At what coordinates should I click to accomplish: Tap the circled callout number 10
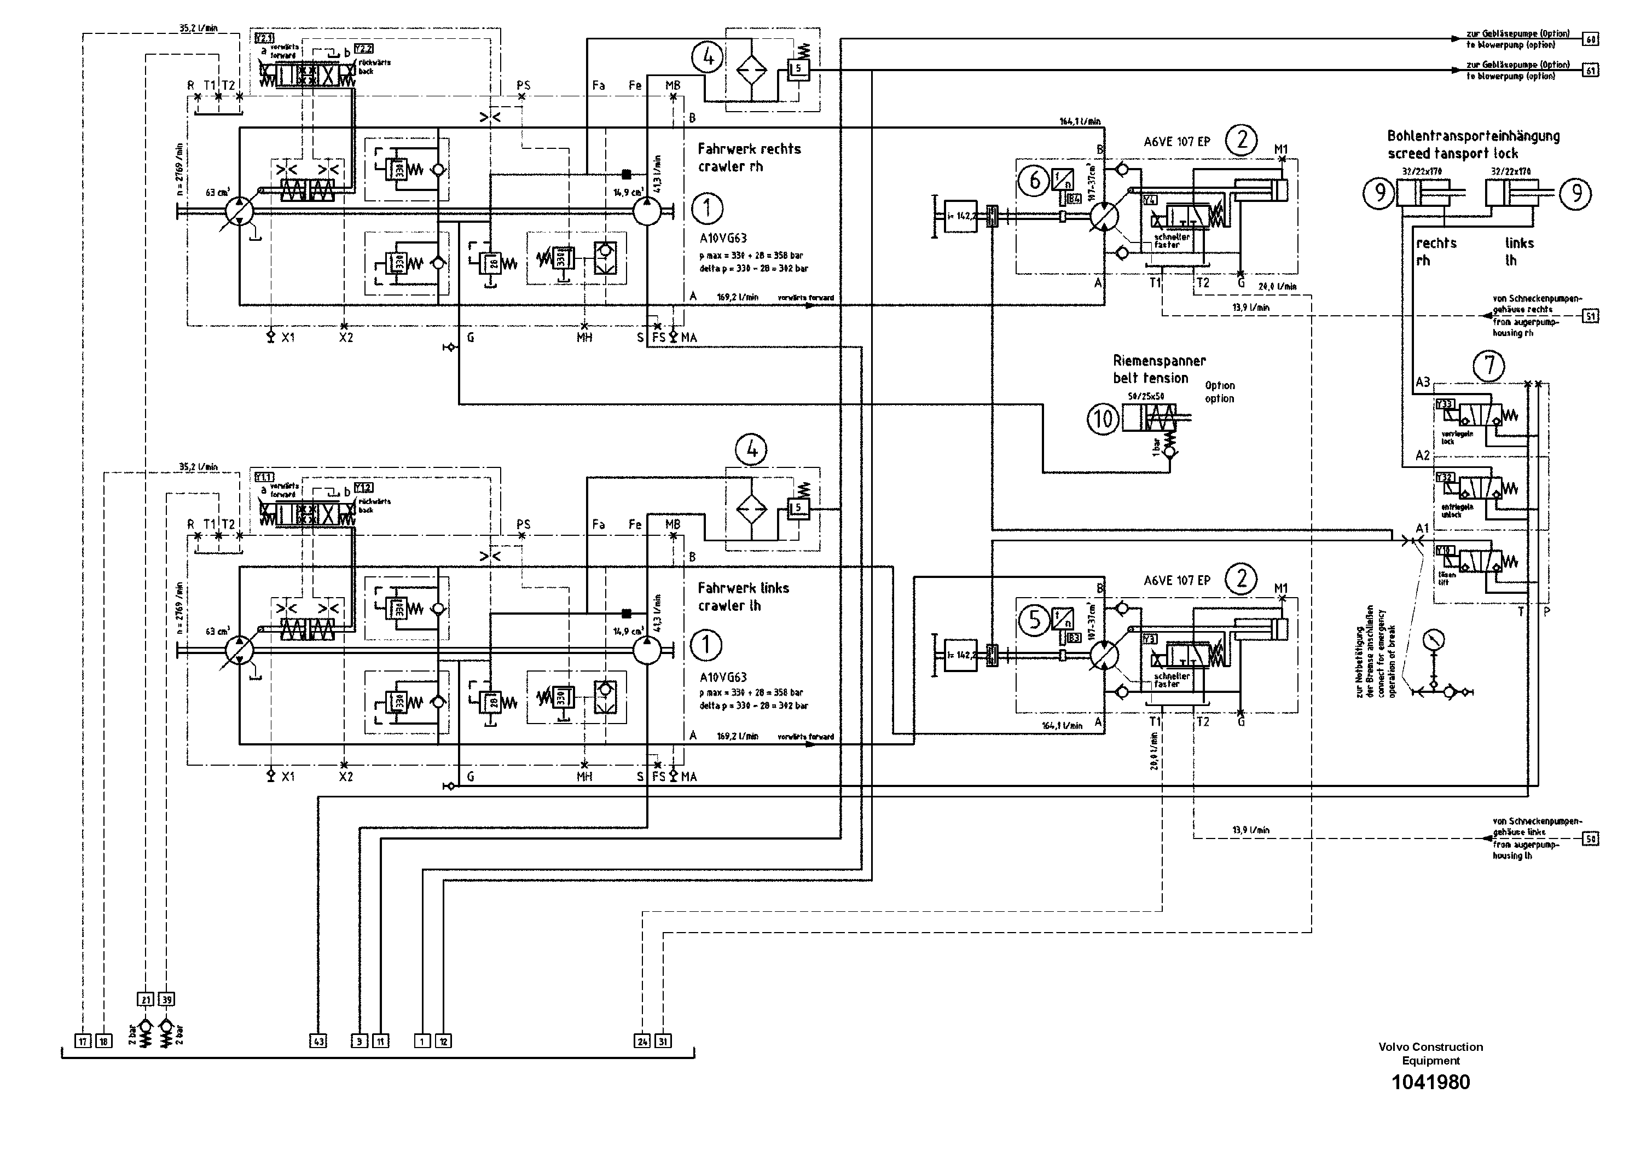1103,419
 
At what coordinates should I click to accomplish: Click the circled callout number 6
1034,181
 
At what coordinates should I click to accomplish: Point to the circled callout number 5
1034,620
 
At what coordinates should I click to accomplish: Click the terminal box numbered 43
318,1041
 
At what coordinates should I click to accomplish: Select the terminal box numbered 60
1591,40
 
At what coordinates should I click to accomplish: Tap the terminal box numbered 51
1591,316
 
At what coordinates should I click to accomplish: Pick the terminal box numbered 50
1591,839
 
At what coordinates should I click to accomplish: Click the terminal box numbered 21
146,1000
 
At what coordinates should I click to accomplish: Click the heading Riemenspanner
1158,361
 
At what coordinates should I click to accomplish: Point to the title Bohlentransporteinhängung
1473,136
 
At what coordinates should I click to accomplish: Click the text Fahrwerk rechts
749,149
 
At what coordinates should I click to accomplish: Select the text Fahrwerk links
743,588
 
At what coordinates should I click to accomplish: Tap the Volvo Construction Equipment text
1430,1053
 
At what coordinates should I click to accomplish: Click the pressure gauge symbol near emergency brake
1433,639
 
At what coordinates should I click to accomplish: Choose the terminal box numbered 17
83,1041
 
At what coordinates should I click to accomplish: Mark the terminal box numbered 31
663,1041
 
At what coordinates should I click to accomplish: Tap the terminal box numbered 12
443,1041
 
